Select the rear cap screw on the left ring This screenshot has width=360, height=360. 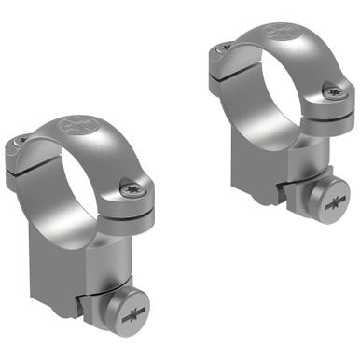pos(20,141)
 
